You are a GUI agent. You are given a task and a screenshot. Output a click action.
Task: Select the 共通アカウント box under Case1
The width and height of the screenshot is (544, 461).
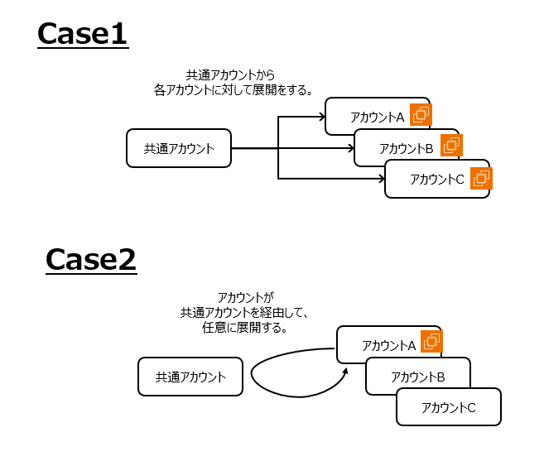tap(179, 149)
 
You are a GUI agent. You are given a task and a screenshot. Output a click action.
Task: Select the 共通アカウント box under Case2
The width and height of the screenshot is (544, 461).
tap(190, 377)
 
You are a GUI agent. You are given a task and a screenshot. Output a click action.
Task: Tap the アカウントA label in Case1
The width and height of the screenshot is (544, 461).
tap(377, 117)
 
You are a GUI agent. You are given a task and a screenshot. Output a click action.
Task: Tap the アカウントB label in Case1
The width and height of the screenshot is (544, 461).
tap(407, 149)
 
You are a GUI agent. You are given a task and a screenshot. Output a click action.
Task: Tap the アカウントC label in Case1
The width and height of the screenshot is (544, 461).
tap(437, 179)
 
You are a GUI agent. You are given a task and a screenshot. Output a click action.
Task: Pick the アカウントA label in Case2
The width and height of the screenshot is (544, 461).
tap(388, 345)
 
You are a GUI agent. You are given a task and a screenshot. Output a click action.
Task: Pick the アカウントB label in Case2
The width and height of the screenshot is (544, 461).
tap(418, 377)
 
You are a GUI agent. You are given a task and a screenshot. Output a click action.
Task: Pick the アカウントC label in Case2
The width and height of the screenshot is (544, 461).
tap(449, 407)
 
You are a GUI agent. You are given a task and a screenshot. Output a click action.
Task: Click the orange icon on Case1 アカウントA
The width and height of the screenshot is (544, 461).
tap(421, 114)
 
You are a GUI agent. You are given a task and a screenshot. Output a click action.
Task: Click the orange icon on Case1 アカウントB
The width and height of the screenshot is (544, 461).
tap(451, 146)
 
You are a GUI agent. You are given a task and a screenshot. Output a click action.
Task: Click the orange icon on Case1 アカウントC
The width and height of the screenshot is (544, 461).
tap(481, 177)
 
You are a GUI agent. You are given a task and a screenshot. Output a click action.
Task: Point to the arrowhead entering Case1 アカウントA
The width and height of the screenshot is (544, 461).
tap(321, 118)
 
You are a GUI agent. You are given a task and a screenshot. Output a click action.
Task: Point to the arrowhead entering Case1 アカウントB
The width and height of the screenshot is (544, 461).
tap(350, 149)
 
